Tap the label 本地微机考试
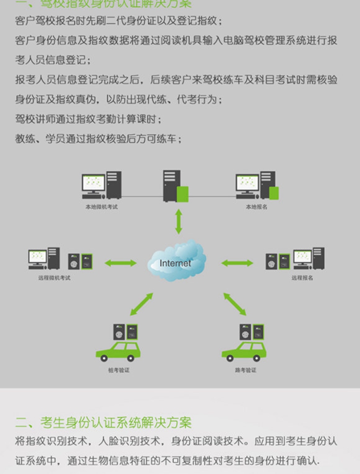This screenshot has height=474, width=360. click(101, 207)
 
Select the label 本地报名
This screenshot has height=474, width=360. click(256, 207)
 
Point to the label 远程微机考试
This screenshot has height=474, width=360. click(54, 278)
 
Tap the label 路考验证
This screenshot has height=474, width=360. click(245, 370)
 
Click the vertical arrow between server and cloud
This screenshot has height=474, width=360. click(179, 221)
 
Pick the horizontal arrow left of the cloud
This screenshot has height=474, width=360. click(120, 263)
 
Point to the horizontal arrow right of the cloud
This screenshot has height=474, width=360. click(237, 263)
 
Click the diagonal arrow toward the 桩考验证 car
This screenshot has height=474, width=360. click(142, 304)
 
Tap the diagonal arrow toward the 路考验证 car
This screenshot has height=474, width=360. click(235, 304)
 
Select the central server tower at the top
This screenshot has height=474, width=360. click(171, 186)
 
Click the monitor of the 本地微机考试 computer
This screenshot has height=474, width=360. click(93, 183)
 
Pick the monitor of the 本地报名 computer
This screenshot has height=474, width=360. click(247, 183)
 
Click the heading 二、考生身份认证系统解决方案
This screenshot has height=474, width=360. click(103, 422)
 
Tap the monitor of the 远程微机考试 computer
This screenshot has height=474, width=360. click(37, 257)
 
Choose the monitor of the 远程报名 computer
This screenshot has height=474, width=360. click(302, 257)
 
